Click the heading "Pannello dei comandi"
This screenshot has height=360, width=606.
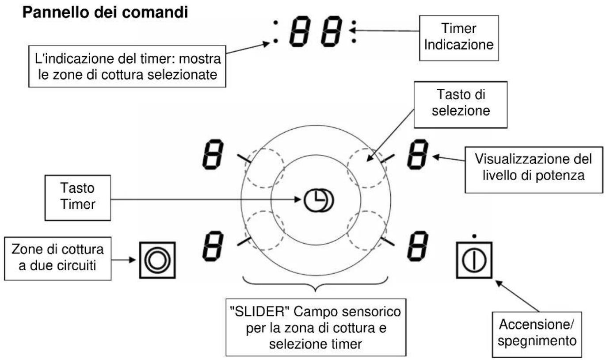coord(105,12)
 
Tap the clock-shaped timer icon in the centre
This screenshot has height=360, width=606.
coord(319,201)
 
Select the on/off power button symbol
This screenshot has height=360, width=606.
coord(474,260)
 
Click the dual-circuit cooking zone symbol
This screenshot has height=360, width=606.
coord(157,260)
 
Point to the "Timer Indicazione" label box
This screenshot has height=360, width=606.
coord(459,38)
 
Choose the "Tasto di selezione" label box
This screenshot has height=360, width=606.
coord(461,105)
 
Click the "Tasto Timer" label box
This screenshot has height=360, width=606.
coord(78,198)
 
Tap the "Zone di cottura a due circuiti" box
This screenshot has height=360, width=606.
coord(57,258)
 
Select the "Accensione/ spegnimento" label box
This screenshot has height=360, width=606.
coord(537,334)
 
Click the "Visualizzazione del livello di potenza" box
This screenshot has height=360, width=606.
coord(534,170)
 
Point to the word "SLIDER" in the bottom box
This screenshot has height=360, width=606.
coord(258,312)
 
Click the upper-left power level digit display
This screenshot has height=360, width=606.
coord(213,154)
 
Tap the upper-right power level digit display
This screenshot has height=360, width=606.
coord(418,154)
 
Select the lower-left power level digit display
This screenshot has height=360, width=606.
coord(213,246)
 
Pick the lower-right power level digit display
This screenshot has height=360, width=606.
coord(418,246)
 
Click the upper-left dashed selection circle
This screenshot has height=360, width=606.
coord(245,168)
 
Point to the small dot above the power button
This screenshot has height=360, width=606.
coord(474,236)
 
